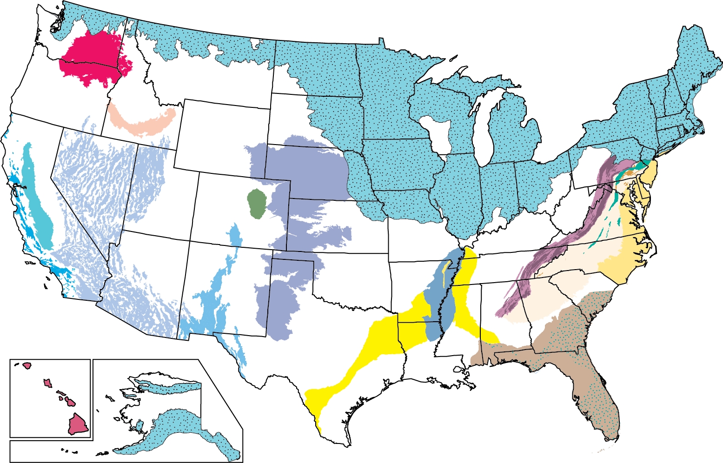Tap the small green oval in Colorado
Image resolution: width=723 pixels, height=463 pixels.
(256, 204)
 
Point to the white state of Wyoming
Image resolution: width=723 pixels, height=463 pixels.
(223, 135)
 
